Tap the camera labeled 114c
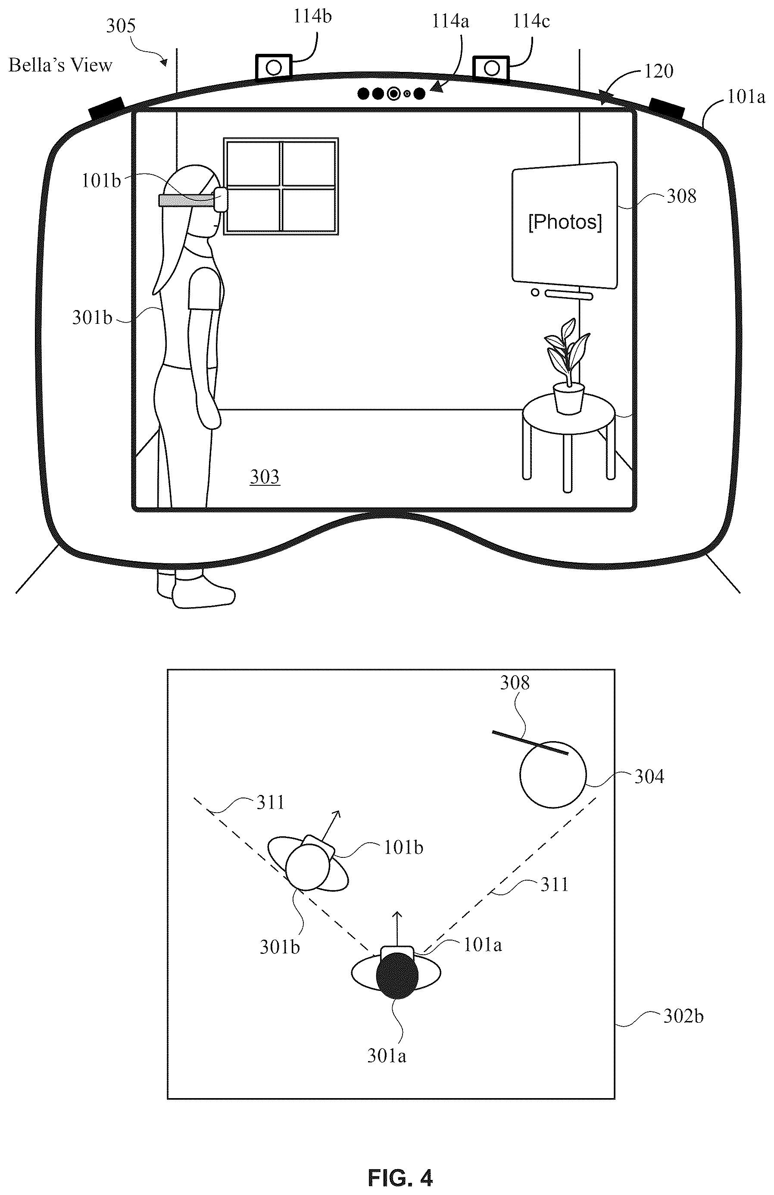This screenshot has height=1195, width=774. tap(492, 67)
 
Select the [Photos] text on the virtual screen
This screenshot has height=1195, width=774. tap(565, 221)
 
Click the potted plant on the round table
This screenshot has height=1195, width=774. tap(568, 366)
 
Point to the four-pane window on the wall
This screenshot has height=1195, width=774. tap(281, 186)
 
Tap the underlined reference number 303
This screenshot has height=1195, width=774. tap(265, 477)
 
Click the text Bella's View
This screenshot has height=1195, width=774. tap(60, 65)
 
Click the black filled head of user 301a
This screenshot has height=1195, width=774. tap(397, 975)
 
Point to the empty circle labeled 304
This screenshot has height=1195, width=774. tap(553, 774)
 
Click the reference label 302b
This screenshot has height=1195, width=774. tap(683, 1017)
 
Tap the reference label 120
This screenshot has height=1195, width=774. tap(659, 71)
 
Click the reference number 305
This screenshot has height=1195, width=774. tap(121, 26)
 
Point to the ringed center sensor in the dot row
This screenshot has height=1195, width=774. tap(393, 93)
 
